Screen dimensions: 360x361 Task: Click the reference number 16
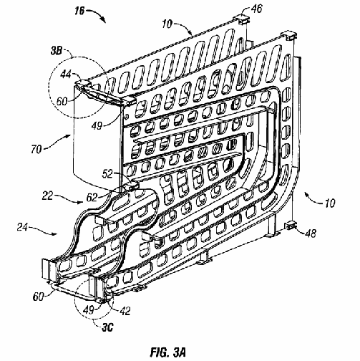coord(79,11)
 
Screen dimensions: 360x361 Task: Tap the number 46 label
coord(256,9)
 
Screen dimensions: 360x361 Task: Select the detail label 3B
coord(57,51)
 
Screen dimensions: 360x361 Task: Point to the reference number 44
coord(66,74)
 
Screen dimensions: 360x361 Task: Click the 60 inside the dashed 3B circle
coord(62,101)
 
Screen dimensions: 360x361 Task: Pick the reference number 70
coord(37,150)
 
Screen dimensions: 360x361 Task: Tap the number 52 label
coord(107,174)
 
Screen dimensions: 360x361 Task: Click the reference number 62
coord(92,198)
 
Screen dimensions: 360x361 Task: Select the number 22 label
coord(47,196)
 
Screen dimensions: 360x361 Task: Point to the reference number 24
coord(22,227)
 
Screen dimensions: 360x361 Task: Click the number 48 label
coord(311,234)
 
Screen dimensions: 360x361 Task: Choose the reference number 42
coord(125,311)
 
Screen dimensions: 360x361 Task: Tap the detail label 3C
coord(107,327)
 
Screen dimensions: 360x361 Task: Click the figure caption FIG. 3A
coord(167,352)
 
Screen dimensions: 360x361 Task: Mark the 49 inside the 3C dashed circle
coord(88,310)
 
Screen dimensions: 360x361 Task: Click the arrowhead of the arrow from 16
coord(104,20)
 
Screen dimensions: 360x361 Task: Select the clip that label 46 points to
coord(242,19)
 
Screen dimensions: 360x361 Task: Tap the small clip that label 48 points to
coord(290,225)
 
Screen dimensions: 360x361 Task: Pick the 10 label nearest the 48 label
coord(330,203)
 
